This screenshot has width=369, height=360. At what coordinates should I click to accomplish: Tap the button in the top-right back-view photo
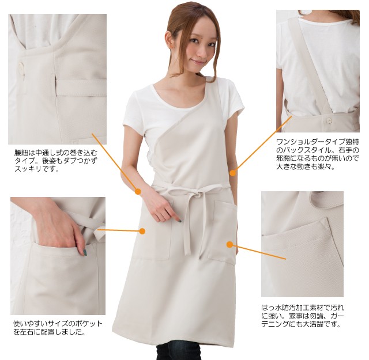(329, 121)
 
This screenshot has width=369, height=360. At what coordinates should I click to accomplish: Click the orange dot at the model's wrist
(138, 191)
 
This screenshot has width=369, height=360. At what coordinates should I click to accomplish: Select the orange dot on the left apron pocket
(142, 230)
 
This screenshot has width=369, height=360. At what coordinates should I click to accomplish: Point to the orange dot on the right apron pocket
(229, 244)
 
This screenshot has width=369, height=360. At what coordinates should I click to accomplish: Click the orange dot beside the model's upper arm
(233, 172)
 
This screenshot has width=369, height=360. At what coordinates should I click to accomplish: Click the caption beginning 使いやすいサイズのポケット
(57, 327)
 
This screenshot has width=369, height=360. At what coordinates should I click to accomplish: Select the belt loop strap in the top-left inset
(81, 89)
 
